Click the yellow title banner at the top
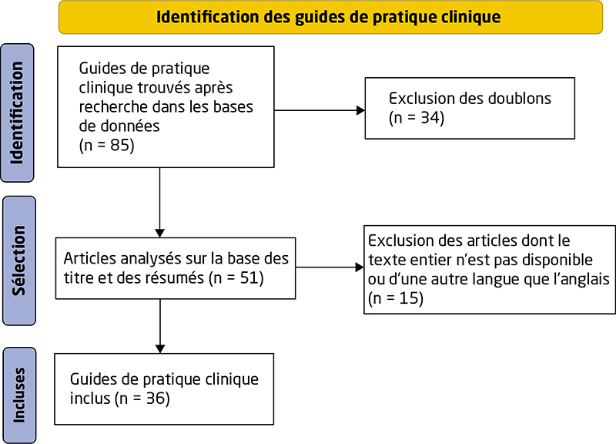330,17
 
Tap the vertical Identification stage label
17,113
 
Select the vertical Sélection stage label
18,261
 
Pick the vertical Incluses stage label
19,395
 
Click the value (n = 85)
106,146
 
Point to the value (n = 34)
417,118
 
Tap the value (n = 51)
236,278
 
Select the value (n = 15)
396,298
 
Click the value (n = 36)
142,399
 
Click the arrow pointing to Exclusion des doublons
320,110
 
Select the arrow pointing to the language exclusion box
330,267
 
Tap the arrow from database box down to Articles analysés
160,203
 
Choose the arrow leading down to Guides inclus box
160,326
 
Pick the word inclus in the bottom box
90,399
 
